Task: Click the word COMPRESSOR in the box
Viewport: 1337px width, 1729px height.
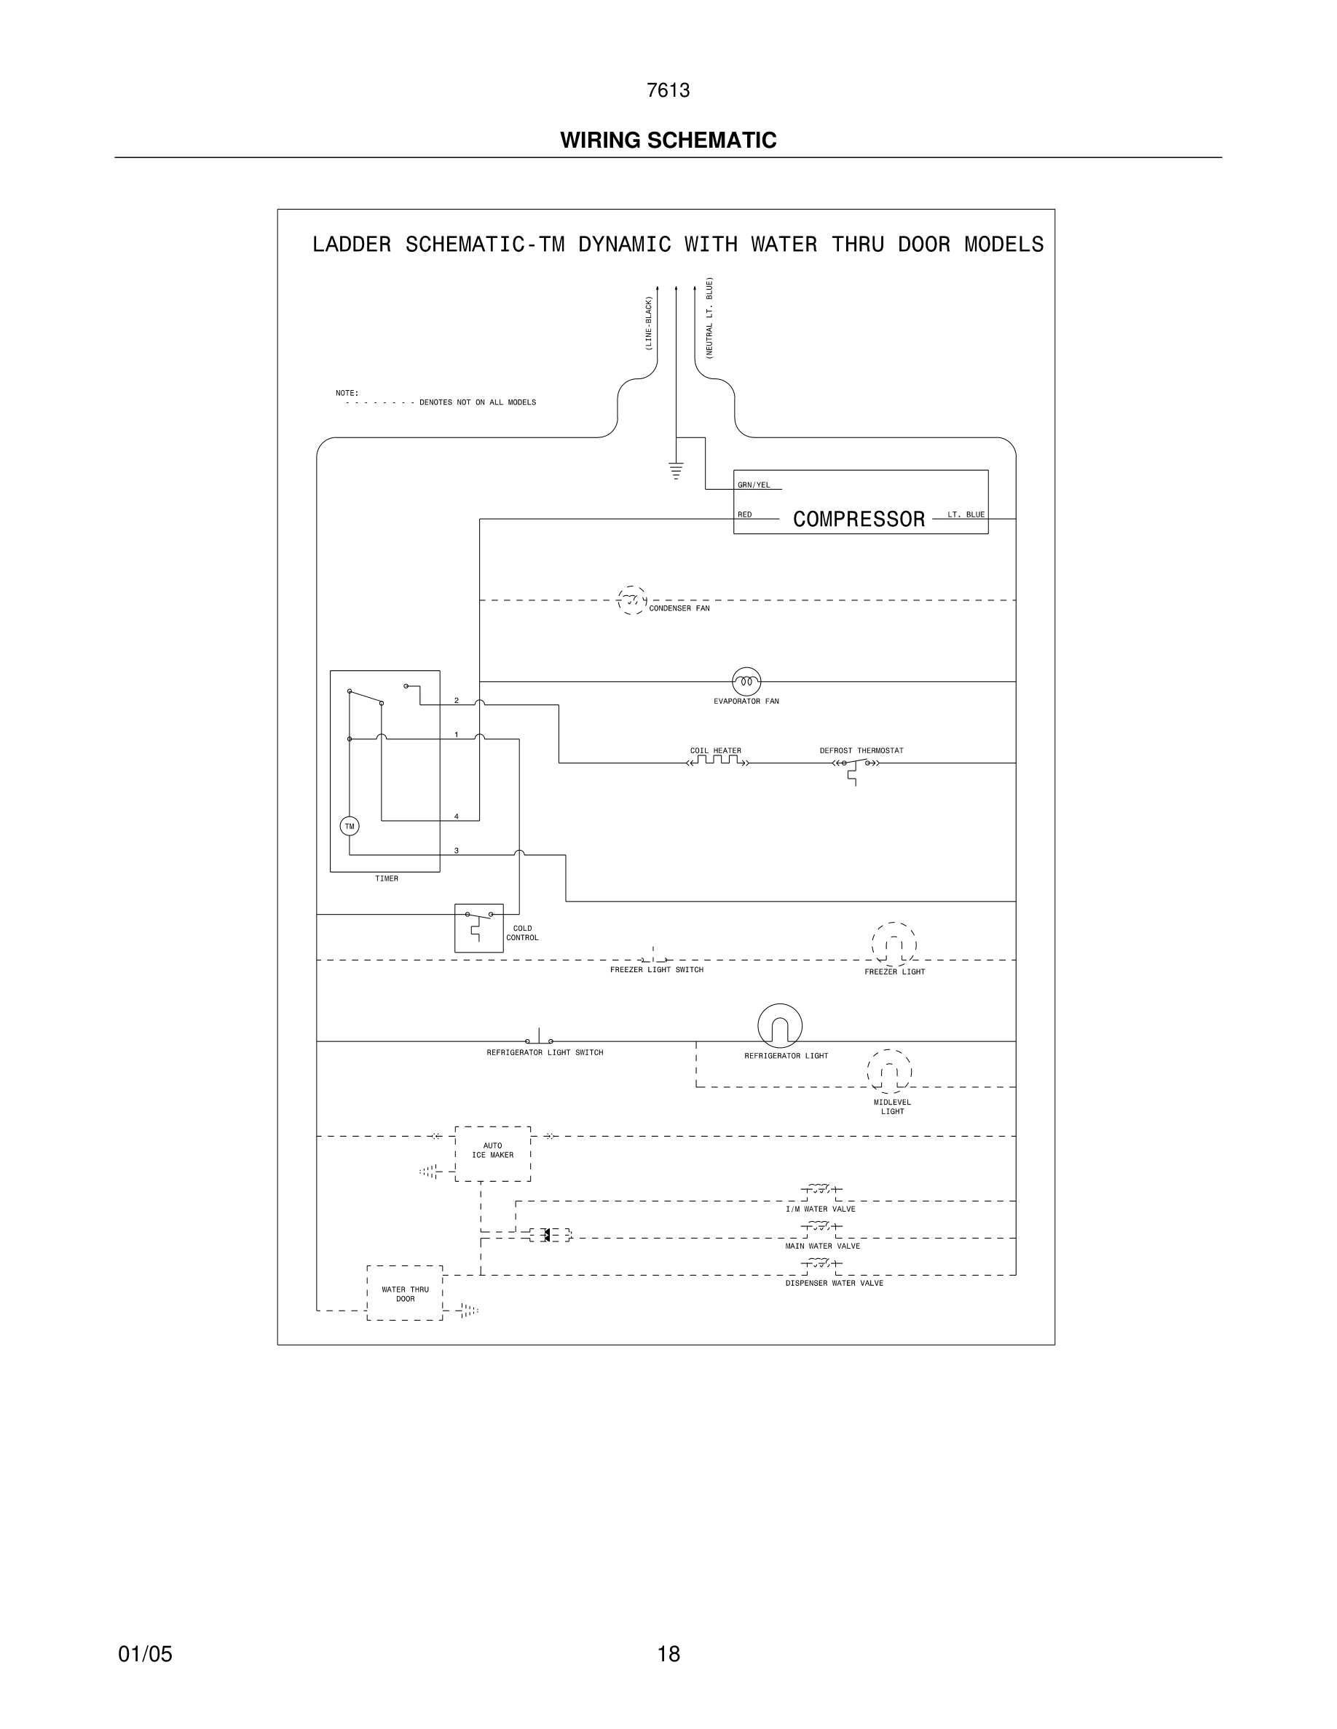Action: point(859,520)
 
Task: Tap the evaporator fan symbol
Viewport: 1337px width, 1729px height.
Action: point(746,681)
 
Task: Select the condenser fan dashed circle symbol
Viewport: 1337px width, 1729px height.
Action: point(631,601)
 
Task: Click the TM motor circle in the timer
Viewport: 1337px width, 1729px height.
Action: point(350,827)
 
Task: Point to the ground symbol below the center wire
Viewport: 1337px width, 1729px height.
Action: point(676,470)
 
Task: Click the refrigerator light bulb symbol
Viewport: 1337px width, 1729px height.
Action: point(779,1026)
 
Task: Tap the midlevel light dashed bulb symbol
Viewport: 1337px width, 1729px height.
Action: point(888,1072)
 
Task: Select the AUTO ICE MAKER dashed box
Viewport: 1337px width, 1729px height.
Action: point(493,1153)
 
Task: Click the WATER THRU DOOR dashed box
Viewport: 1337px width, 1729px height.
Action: point(405,1293)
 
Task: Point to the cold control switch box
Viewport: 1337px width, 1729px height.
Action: point(478,928)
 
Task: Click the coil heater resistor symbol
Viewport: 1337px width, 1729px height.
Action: point(717,762)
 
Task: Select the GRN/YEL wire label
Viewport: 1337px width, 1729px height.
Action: point(753,485)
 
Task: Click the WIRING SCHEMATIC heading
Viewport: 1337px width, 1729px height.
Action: point(668,140)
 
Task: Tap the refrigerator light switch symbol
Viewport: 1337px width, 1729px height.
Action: point(540,1038)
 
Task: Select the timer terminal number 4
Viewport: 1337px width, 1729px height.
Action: point(457,816)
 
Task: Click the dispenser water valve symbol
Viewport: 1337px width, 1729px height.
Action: point(821,1264)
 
